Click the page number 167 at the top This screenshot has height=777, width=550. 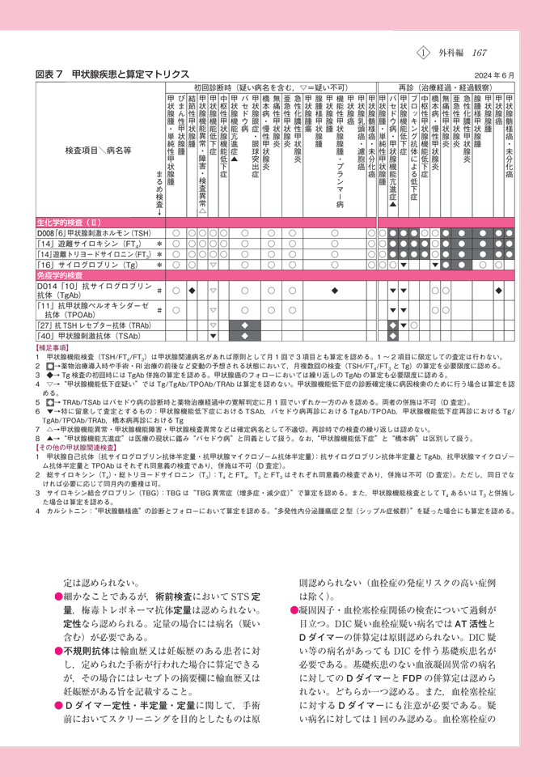click(479, 53)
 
